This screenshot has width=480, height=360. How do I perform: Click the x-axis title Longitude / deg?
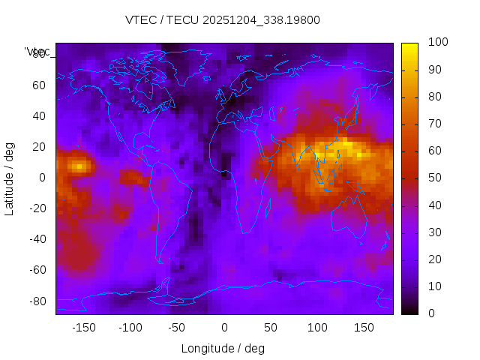tap(223, 348)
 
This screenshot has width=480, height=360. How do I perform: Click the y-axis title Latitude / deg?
tap(10, 177)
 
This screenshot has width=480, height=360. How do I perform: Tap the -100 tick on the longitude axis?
tap(130, 328)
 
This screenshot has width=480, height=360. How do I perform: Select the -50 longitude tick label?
tap(176, 328)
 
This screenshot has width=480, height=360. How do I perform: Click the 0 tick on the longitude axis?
tap(224, 328)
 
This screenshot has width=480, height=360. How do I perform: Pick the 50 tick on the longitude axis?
tap(271, 328)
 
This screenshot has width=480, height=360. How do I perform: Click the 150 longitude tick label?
tap(364, 328)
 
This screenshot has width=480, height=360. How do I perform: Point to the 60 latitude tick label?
tap(39, 85)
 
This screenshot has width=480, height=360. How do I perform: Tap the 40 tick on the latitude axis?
tap(39, 115)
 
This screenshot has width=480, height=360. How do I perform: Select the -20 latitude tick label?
tap(36, 208)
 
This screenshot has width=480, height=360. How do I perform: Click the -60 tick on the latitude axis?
tap(36, 270)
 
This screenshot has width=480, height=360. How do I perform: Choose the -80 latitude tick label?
tap(36, 301)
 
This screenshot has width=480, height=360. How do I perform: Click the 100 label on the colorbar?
tap(438, 43)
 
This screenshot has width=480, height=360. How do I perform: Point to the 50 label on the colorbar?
tap(435, 178)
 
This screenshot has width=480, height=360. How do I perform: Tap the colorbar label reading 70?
tap(435, 124)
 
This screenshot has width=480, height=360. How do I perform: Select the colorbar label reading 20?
tap(435, 259)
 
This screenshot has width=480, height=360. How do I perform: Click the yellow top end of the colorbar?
tap(409, 46)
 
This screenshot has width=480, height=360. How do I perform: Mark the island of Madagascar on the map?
tap(268, 207)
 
